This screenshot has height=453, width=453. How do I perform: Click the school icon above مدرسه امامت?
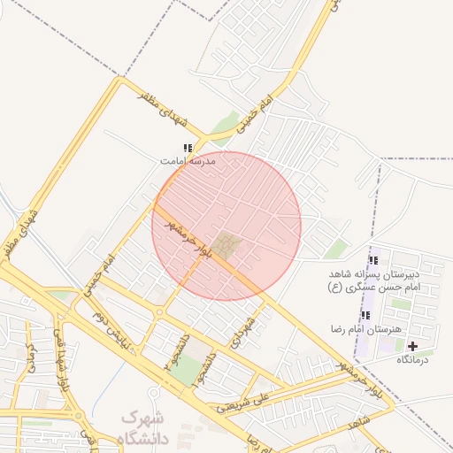point(187,149)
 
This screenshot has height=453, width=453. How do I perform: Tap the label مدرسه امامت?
point(188,161)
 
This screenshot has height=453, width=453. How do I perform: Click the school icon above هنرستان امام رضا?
point(365,316)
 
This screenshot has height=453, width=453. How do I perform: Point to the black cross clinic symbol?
point(412,346)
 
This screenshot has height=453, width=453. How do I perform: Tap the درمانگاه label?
point(412,359)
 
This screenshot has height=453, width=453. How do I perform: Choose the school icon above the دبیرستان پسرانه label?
point(372,260)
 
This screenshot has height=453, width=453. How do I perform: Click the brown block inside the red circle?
point(227,246)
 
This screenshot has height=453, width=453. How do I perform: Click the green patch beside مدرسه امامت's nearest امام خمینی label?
point(225,125)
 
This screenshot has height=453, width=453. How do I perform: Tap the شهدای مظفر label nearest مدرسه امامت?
point(163,108)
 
